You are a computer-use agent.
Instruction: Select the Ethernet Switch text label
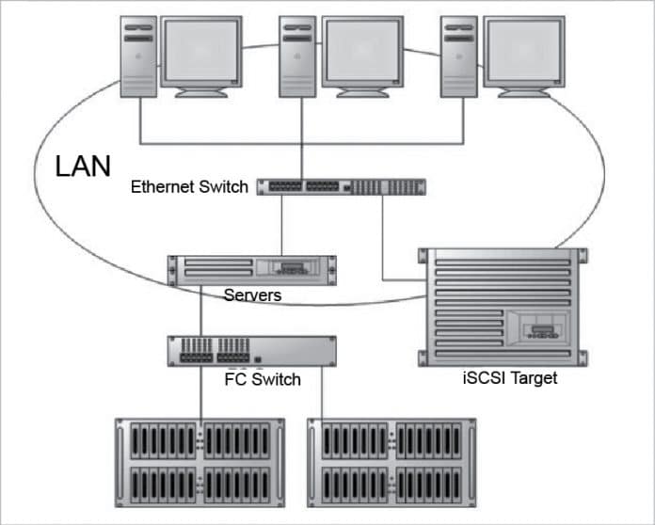click(x=189, y=186)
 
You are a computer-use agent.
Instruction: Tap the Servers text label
click(x=252, y=295)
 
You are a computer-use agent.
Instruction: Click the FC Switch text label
click(x=263, y=379)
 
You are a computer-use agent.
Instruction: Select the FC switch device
click(x=251, y=351)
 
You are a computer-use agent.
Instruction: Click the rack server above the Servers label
click(x=251, y=270)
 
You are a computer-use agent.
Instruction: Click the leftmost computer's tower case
click(x=137, y=56)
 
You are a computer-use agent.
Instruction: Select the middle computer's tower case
click(x=298, y=56)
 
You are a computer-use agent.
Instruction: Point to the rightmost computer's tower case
click(x=459, y=56)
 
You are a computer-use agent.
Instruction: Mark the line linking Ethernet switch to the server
click(x=283, y=226)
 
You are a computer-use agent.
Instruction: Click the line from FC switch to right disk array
click(x=322, y=395)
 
